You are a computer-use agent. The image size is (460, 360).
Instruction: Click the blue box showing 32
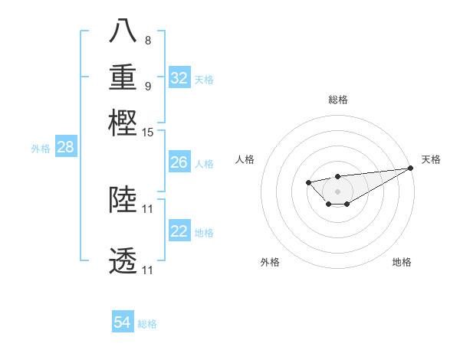point(179,78)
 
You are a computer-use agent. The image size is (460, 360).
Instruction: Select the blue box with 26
point(179,162)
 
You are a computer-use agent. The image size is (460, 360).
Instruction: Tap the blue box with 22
point(179,232)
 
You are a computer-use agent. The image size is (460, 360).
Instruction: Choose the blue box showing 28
point(65,148)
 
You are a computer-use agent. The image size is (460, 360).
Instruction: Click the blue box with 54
point(123,323)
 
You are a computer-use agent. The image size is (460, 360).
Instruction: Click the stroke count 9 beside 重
point(148,86)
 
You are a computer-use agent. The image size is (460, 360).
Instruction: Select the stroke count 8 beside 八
point(148,40)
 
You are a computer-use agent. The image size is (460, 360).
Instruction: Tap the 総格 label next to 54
point(147,324)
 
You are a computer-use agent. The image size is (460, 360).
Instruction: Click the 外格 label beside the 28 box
point(41,149)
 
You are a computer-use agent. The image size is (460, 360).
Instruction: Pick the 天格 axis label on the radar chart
point(431,159)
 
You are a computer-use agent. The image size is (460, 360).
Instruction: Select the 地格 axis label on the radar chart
point(402,262)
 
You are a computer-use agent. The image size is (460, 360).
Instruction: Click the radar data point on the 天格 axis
point(411,168)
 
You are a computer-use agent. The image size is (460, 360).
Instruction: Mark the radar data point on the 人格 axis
point(308,182)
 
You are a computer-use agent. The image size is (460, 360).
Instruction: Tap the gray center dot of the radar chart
point(337,191)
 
